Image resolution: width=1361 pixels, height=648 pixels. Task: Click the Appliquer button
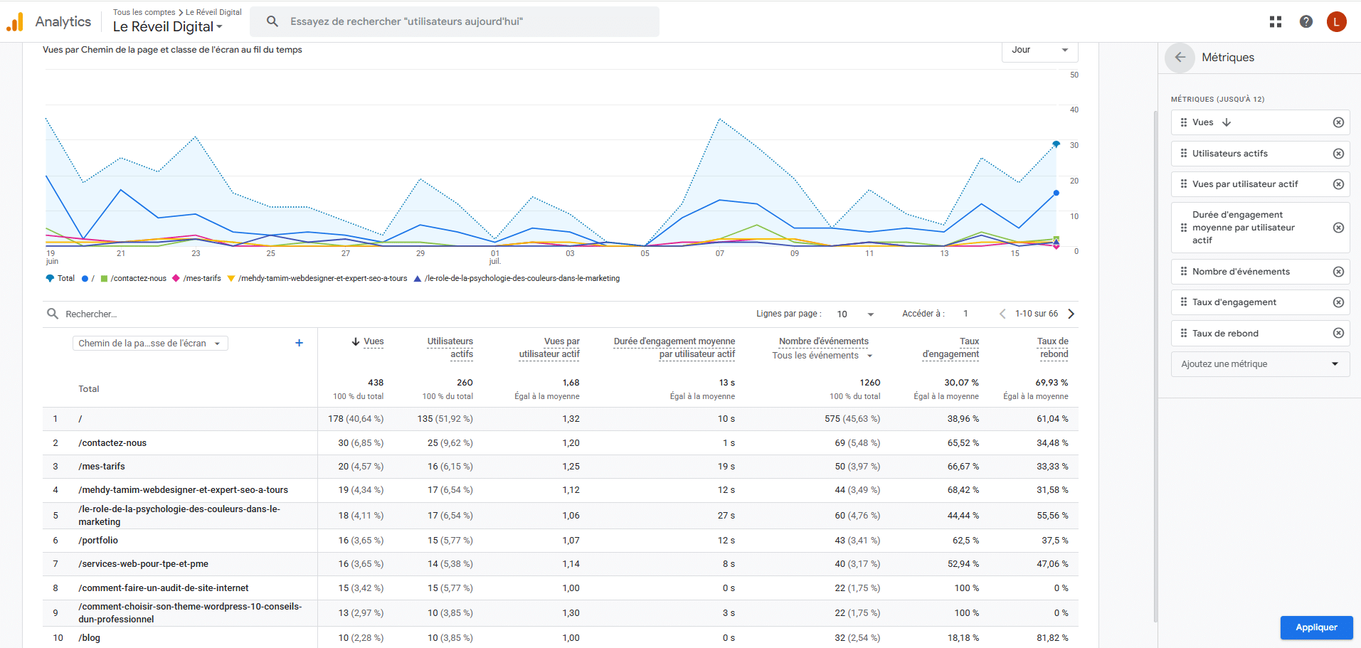pyautogui.click(x=1316, y=627)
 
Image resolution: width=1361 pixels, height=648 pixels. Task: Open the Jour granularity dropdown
pyautogui.click(x=1039, y=50)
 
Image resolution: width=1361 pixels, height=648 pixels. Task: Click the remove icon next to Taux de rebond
pyautogui.click(x=1338, y=333)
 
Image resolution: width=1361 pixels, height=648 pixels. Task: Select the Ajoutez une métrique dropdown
pyautogui.click(x=1260, y=364)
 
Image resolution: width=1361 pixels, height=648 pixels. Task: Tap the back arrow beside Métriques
pyautogui.click(x=1180, y=58)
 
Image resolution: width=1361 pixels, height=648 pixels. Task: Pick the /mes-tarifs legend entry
pyautogui.click(x=197, y=278)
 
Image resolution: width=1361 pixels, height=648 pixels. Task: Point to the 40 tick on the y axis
pyautogui.click(x=1074, y=110)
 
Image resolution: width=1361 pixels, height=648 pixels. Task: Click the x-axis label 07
pyautogui.click(x=720, y=253)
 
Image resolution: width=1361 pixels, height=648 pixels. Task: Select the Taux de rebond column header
pyautogui.click(x=1053, y=348)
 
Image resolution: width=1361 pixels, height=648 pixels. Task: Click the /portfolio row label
pyautogui.click(x=98, y=541)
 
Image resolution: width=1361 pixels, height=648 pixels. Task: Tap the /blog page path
pyautogui.click(x=89, y=638)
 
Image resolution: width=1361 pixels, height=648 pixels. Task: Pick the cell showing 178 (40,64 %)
pyautogui.click(x=356, y=419)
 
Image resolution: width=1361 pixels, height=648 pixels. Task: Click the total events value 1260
pyautogui.click(x=869, y=383)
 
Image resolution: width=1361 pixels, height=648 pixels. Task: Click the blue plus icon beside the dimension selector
pyautogui.click(x=299, y=343)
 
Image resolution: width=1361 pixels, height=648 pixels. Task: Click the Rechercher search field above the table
pyautogui.click(x=91, y=314)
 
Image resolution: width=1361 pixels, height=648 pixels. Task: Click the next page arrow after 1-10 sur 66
pyautogui.click(x=1071, y=314)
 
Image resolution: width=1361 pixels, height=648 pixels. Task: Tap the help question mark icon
pyautogui.click(x=1306, y=21)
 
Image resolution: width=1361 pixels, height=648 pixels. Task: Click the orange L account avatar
pyautogui.click(x=1336, y=21)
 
